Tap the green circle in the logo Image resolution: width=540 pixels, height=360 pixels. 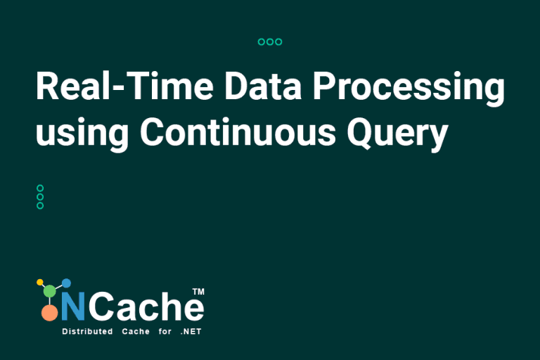(49, 290)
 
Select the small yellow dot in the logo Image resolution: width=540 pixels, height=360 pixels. (39, 283)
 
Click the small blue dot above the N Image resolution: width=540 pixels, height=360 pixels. (67, 283)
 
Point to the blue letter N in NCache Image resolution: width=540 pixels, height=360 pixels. (72, 307)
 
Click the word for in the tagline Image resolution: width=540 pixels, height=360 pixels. (165, 331)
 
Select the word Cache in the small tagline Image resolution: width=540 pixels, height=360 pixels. (136, 331)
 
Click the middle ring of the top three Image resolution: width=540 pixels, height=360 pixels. (270, 42)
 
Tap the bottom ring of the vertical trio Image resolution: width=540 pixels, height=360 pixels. (40, 205)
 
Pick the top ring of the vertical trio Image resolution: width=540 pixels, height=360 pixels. (40, 188)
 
